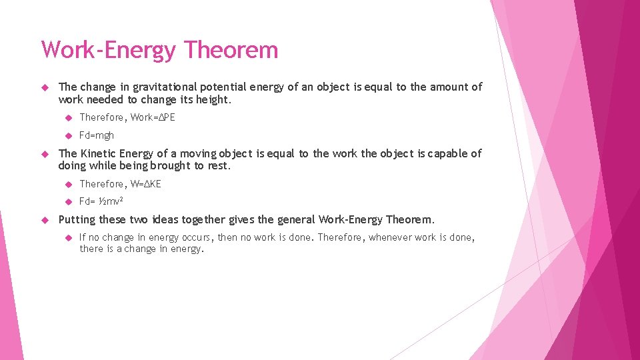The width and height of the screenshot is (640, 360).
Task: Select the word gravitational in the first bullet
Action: tap(162, 87)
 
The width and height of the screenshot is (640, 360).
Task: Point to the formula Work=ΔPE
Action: tap(153, 117)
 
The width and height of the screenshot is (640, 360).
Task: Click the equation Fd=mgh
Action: tap(97, 135)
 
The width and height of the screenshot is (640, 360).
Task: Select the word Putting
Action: tap(77, 220)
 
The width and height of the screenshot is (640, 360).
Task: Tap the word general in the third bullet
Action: tap(297, 220)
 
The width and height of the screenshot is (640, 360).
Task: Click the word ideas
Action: tap(164, 220)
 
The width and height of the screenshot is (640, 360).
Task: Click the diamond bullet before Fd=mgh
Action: tap(68, 135)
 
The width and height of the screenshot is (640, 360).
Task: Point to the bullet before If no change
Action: tap(68, 237)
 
